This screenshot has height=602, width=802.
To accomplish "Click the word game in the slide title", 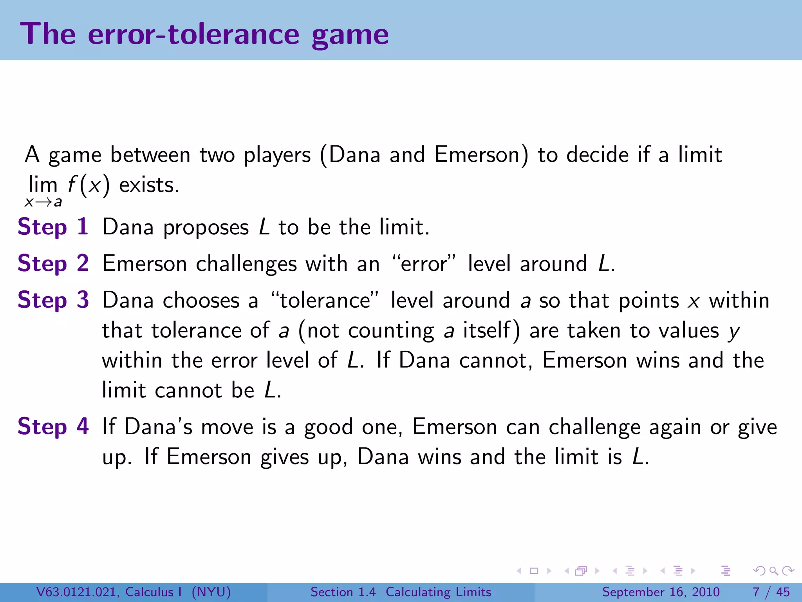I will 350,35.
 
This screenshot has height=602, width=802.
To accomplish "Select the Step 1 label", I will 53,227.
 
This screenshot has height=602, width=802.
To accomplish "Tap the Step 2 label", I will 53,263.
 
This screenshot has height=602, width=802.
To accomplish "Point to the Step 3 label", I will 53,300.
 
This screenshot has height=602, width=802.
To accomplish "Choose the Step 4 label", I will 53,426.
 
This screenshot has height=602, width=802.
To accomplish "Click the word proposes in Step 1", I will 206,228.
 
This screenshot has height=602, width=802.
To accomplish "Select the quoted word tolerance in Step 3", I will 325,301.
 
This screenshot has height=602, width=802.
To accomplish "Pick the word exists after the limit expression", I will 149,185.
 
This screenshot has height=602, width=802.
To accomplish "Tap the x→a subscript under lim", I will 43,202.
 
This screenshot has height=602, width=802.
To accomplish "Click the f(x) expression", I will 89,185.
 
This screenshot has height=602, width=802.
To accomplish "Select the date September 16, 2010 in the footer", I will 661,592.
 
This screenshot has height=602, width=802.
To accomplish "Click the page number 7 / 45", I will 771,592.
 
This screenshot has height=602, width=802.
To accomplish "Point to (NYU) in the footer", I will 211,592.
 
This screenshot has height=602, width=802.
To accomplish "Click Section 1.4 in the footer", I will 343,592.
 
